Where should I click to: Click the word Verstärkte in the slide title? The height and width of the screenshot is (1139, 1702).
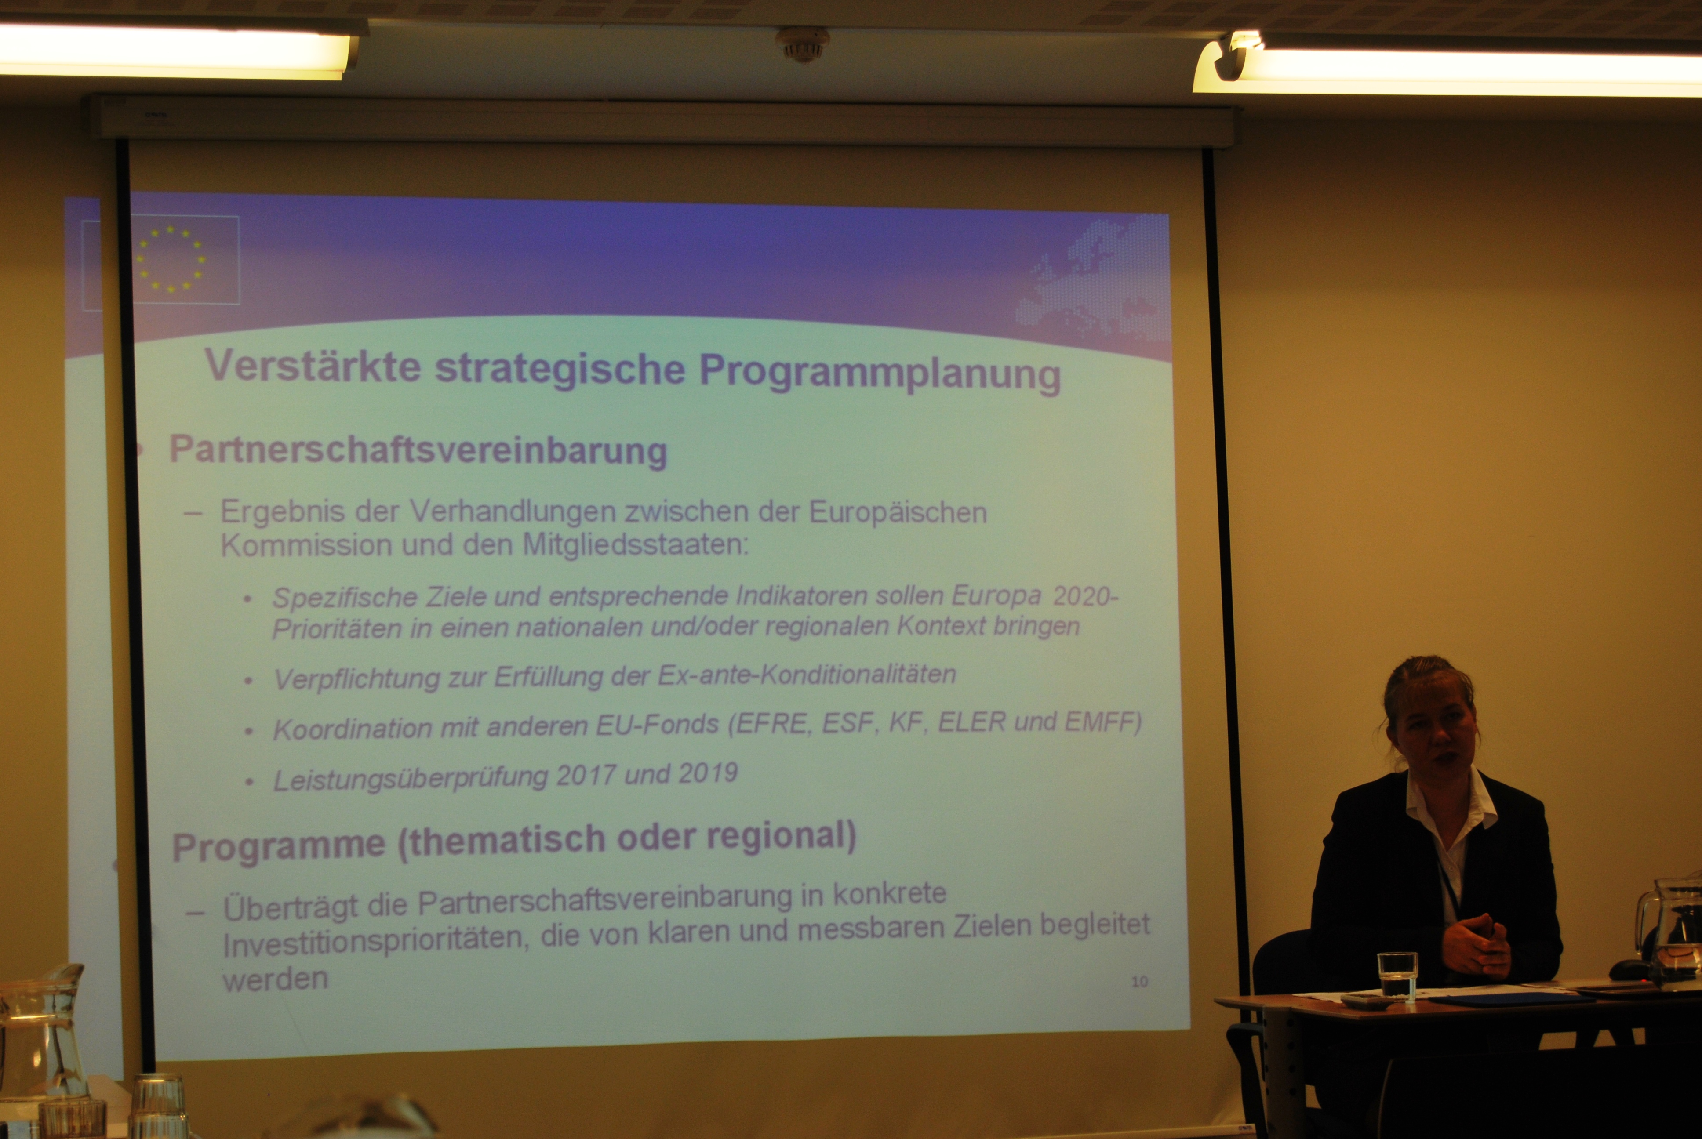pyautogui.click(x=313, y=365)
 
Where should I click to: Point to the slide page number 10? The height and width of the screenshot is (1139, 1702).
pyautogui.click(x=1139, y=981)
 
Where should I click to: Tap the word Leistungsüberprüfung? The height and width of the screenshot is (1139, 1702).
pyautogui.click(x=411, y=779)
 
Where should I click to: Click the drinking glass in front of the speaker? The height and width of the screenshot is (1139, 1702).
pyautogui.click(x=1397, y=976)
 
